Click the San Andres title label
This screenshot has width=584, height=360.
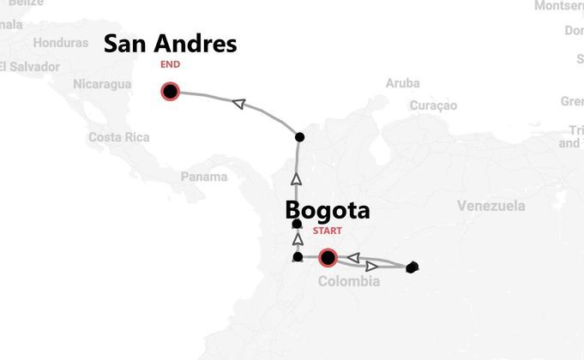(170, 44)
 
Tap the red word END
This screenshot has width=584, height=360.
(170, 64)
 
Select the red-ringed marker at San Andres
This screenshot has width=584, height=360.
(170, 92)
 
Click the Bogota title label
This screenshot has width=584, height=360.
(327, 210)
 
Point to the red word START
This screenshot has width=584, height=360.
(327, 231)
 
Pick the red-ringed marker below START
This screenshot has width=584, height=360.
(327, 257)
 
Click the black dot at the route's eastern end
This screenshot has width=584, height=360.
(412, 267)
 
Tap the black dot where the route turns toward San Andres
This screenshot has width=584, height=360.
(298, 137)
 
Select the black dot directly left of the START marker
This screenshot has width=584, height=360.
(298, 256)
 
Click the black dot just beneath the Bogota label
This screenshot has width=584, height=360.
(298, 224)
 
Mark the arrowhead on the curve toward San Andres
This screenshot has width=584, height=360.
(239, 104)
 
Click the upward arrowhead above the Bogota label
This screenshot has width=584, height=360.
(297, 179)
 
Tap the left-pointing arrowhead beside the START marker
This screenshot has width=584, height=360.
(352, 257)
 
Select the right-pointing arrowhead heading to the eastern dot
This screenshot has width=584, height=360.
(372, 266)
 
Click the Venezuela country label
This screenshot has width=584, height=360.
(491, 206)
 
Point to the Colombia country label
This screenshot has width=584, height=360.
(348, 281)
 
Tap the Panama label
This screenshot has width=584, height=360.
(204, 177)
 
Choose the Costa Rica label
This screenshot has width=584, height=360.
(118, 137)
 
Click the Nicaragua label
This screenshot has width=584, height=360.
(102, 84)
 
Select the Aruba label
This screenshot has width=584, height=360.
(403, 83)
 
